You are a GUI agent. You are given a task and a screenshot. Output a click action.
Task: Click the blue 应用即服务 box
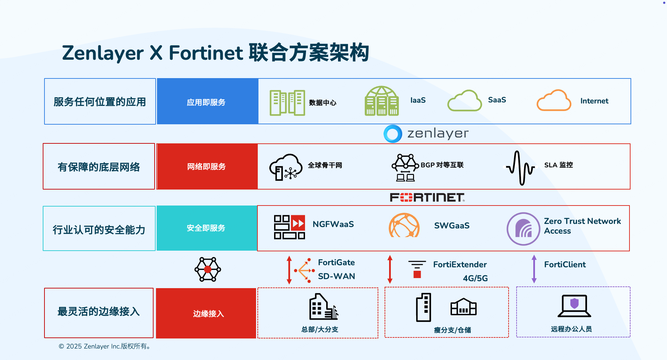[207, 102]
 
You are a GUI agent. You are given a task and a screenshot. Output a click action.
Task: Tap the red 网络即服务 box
[207, 167]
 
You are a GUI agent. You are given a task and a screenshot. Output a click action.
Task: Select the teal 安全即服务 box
[206, 228]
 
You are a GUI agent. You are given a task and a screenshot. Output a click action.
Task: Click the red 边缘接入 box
[206, 313]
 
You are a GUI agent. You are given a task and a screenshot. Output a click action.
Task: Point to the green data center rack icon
[287, 103]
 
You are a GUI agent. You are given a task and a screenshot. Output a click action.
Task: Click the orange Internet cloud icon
[554, 101]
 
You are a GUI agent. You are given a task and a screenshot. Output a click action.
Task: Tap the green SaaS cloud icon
[464, 101]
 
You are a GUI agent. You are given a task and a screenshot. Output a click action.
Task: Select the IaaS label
[418, 100]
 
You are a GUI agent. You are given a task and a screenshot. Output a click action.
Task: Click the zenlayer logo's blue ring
[393, 134]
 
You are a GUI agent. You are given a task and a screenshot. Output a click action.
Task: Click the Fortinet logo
[427, 198]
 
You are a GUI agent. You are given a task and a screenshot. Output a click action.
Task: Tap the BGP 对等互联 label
[442, 165]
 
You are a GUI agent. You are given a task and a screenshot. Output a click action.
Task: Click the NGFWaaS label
[333, 224]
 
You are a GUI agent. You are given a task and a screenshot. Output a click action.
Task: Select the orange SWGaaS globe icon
[404, 226]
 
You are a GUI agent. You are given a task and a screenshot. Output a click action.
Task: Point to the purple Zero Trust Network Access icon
[523, 229]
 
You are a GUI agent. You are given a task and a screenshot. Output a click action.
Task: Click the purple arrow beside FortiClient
[534, 269]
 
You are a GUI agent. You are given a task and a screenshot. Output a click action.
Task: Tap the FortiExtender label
[460, 265]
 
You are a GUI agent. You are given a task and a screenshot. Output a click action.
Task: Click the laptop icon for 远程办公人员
[574, 306]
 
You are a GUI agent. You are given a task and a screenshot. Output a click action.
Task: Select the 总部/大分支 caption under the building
[320, 329]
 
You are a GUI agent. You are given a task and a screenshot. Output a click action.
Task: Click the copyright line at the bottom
[104, 346]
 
